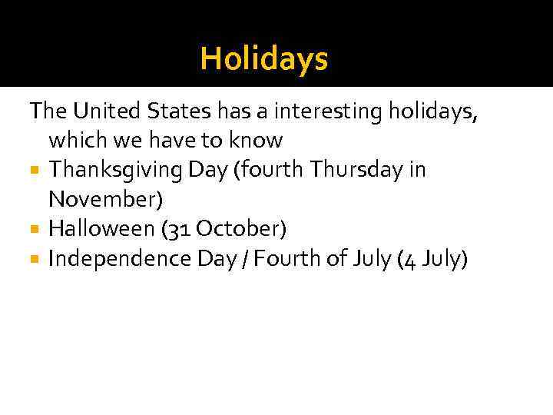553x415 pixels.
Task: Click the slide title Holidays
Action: coord(263,58)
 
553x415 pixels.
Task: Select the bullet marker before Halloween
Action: coord(36,229)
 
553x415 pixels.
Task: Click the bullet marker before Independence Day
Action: coord(36,259)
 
